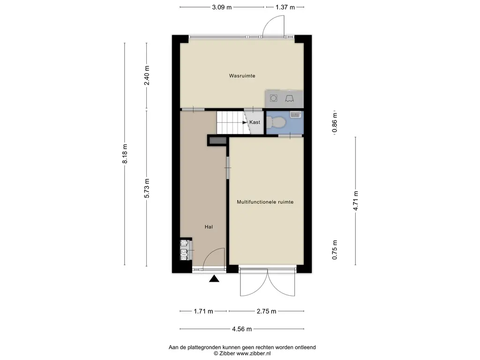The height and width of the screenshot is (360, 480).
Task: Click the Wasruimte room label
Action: tap(242, 75)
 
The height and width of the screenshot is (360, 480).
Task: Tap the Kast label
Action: tap(255, 122)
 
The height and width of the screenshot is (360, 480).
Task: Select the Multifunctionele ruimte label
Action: tap(265, 202)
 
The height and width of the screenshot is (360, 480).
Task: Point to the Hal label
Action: tap(209, 227)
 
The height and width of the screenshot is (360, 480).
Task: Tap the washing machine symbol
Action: tap(274, 98)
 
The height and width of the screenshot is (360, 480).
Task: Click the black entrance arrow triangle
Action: tap(214, 278)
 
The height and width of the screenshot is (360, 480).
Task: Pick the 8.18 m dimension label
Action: tap(125, 154)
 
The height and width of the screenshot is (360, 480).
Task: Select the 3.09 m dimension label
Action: tap(222, 7)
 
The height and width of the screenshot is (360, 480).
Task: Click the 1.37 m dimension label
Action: tap(285, 7)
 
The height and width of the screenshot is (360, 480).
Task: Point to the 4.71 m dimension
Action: tap(355, 201)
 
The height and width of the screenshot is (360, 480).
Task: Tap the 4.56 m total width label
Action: tap(242, 329)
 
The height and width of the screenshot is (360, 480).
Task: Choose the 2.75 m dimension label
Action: tap(266, 311)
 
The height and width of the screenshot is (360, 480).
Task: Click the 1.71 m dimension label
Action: tap(203, 311)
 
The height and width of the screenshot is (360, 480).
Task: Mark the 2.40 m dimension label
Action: tap(147, 75)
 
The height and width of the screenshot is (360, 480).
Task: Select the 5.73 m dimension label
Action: tap(147, 188)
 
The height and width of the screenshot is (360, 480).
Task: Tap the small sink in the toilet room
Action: tap(295, 114)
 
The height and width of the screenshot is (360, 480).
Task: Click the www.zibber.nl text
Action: tap(253, 353)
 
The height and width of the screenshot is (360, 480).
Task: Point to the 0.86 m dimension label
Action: tap(335, 122)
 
